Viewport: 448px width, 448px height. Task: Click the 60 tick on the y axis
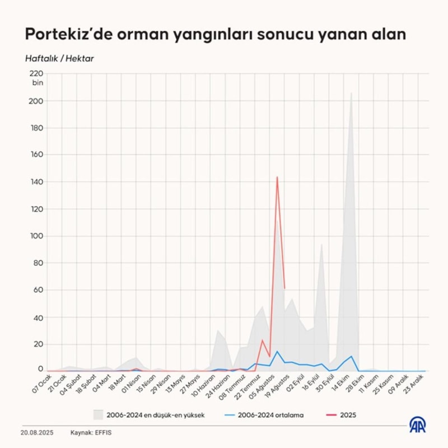38,290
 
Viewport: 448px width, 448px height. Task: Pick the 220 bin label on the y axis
36,77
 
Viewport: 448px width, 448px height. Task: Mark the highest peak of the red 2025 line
277,178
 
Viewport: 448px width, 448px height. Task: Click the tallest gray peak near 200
351,94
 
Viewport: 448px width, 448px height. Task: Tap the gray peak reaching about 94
321,245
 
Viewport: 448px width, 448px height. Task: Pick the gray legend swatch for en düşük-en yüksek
99,415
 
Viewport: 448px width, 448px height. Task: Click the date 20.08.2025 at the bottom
38,432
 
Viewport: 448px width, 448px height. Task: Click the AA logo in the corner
417,426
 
